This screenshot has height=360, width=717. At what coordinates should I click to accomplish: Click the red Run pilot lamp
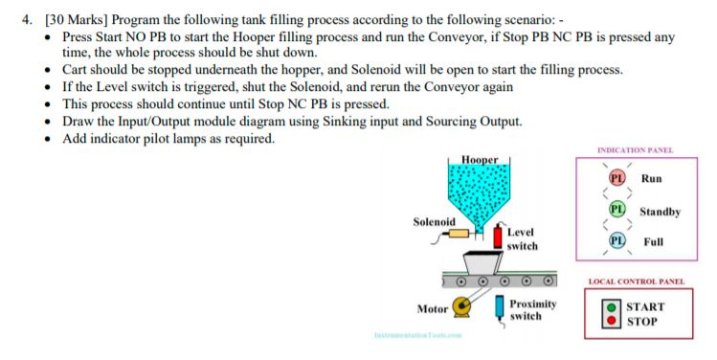[617, 178]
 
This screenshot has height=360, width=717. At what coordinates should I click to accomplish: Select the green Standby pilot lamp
[617, 210]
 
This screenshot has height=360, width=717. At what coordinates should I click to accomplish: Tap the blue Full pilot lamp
[617, 241]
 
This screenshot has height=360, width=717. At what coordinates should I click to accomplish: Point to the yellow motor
[468, 305]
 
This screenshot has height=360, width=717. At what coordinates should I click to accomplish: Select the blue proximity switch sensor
[500, 308]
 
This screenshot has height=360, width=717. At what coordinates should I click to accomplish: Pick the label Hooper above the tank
[479, 159]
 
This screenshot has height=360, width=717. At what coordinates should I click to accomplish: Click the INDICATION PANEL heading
[635, 150]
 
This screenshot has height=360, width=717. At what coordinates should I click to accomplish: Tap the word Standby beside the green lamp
[661, 211]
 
